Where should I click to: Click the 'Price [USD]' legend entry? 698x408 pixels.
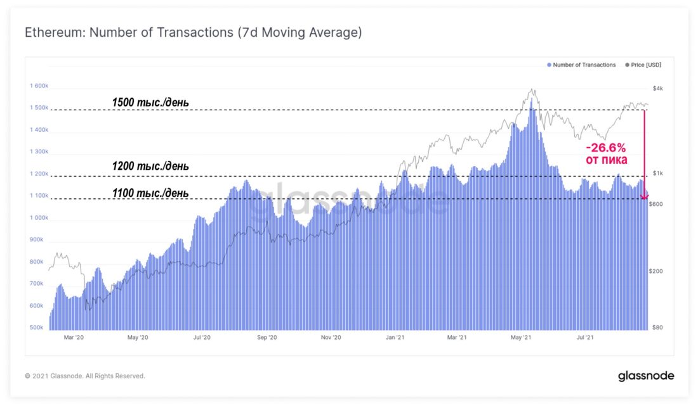pos(649,65)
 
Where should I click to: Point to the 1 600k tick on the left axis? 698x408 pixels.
pos(39,86)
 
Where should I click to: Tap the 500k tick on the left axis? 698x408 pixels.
pos(37,328)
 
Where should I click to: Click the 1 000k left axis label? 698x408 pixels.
pos(39,218)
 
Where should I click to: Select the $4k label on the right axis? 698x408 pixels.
pos(658,87)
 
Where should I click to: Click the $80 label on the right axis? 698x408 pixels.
pos(659,328)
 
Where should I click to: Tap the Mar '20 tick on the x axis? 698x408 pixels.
pos(74,338)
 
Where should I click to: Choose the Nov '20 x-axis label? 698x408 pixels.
pos(331,338)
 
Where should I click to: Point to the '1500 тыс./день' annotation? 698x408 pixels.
pos(150,102)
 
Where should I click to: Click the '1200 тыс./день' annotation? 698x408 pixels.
pos(150,167)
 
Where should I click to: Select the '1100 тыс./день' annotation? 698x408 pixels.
pos(150,193)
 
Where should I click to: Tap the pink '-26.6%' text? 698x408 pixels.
pos(606,148)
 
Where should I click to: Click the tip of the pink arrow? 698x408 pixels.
pos(645,198)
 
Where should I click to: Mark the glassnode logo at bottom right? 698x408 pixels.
pos(646,376)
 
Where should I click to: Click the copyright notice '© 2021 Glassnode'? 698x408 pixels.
pos(85,376)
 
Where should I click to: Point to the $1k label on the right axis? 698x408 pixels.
pos(658,174)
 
